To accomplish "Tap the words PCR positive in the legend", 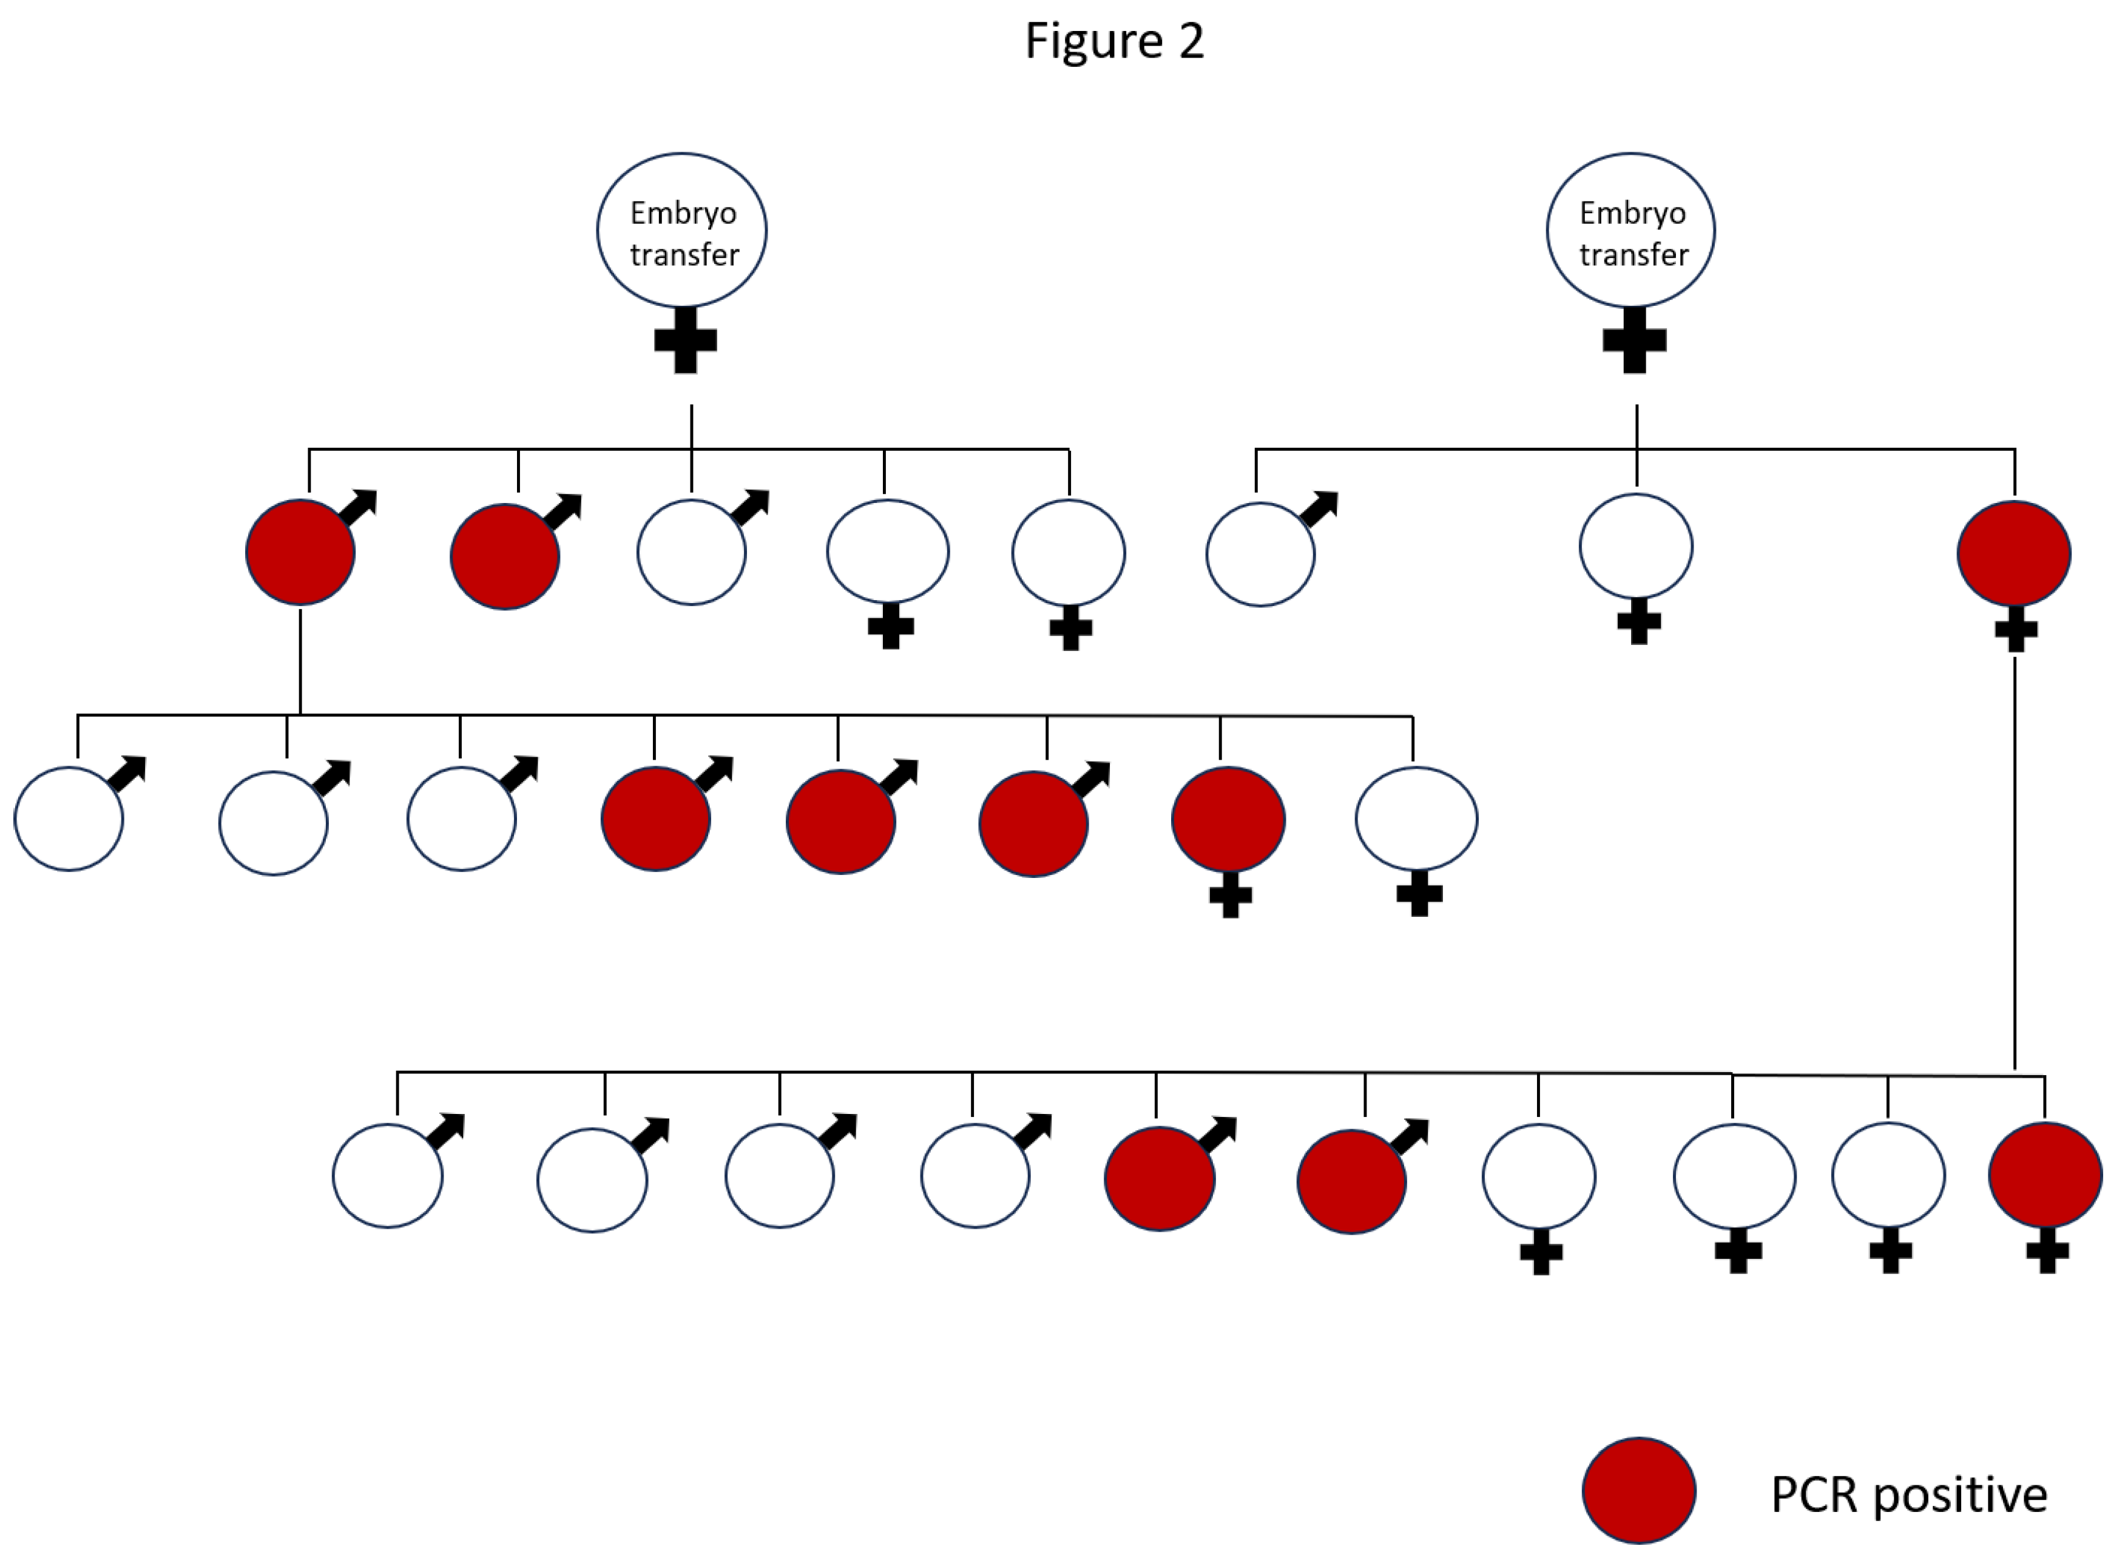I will point(1908,1495).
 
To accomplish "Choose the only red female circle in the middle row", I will point(1228,819).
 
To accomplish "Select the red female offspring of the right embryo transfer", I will point(2014,553).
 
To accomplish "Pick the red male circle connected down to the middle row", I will point(300,552).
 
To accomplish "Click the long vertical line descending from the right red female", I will point(2014,863).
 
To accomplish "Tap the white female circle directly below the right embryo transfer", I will point(1636,547).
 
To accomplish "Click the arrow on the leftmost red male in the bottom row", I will point(1220,1134).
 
